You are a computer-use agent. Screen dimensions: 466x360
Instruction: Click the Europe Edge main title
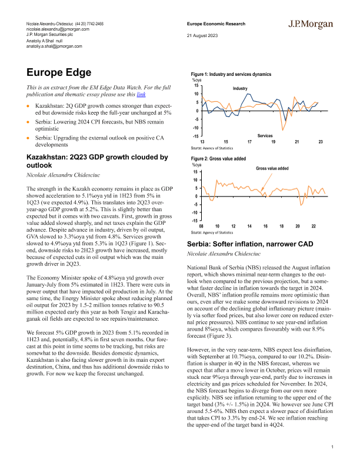click(59, 73)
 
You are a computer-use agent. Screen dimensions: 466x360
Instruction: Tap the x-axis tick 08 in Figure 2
click(201, 226)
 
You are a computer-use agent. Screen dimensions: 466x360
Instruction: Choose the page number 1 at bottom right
click(332, 448)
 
